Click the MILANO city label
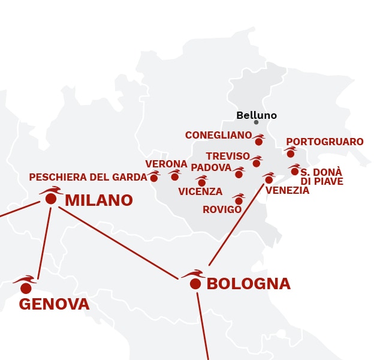point(98,200)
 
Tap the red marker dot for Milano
point(51,199)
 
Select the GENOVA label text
point(54,304)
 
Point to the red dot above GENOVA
point(26,288)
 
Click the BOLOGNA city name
point(248,284)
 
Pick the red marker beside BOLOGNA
point(195,284)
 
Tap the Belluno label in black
point(257,115)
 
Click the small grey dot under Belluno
point(256,122)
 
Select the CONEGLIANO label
point(218,136)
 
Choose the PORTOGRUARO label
point(325,142)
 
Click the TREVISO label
point(228,156)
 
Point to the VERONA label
point(166,164)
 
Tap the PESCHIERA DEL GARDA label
point(88,178)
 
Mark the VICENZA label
point(200,192)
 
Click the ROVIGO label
point(222,209)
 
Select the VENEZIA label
point(287,191)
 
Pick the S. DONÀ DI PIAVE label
point(321,176)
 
